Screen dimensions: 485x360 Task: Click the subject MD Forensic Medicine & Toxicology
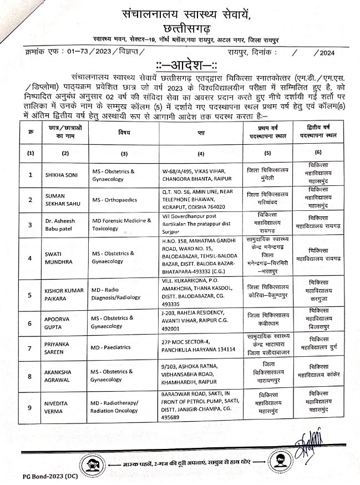click(121, 225)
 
